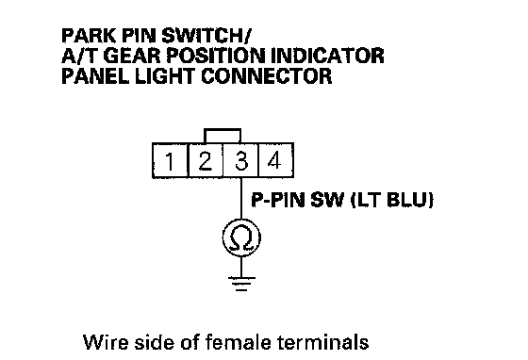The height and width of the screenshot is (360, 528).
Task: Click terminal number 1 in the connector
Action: [170, 160]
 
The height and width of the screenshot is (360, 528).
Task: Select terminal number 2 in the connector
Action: [206, 160]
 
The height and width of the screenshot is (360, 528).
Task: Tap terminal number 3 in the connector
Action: [241, 160]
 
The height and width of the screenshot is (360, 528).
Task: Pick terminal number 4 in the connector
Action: [275, 160]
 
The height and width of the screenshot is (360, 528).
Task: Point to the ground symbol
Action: [241, 284]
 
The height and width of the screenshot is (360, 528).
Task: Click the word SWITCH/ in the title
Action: [206, 35]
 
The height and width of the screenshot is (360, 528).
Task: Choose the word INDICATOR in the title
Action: [327, 56]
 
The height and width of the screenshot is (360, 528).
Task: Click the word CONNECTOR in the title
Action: [266, 76]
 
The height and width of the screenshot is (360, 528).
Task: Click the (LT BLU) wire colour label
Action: [392, 200]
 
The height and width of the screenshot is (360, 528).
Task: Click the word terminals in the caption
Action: [323, 342]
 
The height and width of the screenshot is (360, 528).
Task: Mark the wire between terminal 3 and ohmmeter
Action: [241, 198]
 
